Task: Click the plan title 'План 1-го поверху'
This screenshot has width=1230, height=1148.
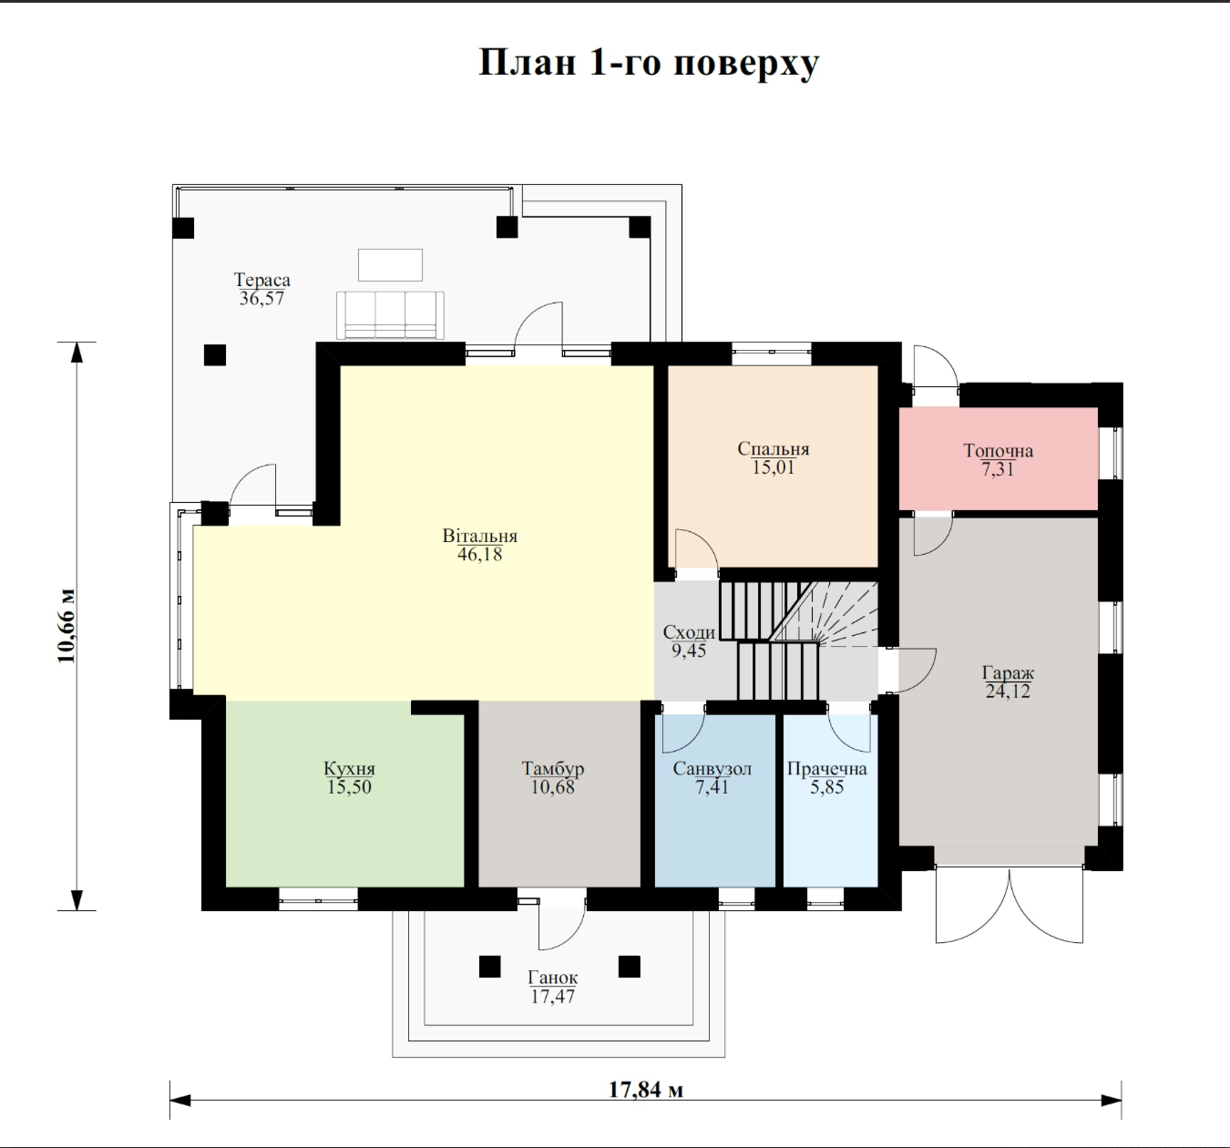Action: (649, 63)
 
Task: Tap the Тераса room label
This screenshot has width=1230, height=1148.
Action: (262, 280)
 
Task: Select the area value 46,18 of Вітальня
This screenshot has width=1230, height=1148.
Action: (479, 554)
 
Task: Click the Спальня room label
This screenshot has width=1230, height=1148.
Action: (773, 448)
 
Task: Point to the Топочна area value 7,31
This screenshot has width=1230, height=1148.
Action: (998, 469)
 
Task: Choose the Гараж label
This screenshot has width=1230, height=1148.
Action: (1008, 672)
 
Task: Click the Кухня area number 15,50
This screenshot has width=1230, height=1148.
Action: (349, 787)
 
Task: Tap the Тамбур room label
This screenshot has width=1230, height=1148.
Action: (552, 769)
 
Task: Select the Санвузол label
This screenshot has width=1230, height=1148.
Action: (712, 769)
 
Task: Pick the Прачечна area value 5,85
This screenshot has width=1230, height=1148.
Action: (826, 787)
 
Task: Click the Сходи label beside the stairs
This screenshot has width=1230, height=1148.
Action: (689, 632)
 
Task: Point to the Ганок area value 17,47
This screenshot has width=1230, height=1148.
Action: (552, 996)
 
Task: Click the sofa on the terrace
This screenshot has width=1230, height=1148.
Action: (390, 315)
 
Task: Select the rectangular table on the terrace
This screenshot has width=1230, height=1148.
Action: (390, 265)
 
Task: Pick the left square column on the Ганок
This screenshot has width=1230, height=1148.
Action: (490, 967)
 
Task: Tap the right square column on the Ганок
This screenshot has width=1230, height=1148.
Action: (630, 967)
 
